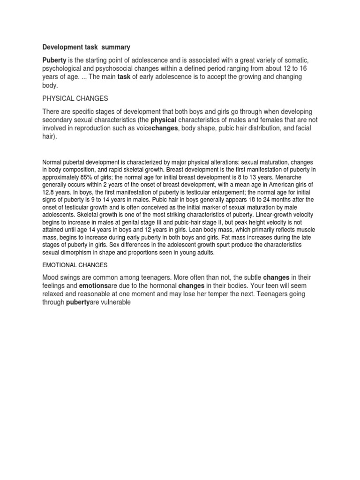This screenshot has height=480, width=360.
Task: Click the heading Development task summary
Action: (87, 47)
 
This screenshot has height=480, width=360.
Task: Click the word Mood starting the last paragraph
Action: (52, 277)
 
